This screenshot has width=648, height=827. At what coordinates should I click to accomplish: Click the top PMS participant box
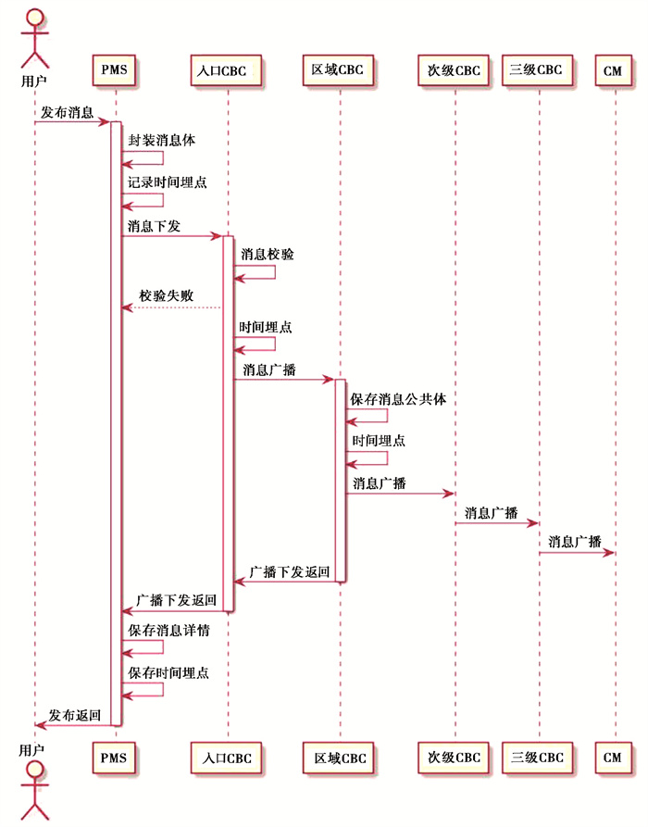[114, 69]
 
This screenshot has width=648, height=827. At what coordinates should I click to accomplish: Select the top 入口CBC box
[226, 70]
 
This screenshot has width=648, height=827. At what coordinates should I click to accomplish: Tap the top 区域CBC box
[338, 69]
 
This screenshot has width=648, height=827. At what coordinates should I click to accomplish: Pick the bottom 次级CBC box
[454, 758]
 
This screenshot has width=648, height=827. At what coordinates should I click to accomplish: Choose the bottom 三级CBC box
[537, 758]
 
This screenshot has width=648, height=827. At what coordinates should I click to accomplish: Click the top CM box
[613, 70]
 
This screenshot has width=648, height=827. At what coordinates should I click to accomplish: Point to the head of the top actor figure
[35, 17]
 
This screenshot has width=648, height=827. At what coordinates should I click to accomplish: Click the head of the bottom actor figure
[35, 771]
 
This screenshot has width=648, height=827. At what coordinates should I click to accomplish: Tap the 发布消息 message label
[67, 112]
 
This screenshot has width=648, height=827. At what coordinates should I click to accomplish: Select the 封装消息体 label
[161, 140]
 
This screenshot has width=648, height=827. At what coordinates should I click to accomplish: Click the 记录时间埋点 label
[168, 182]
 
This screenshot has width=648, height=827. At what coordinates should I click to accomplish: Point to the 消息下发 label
[154, 226]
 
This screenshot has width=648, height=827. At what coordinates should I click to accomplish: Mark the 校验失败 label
[166, 295]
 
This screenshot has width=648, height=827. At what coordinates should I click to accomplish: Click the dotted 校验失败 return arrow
[171, 307]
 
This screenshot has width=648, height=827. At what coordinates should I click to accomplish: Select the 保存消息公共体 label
[398, 399]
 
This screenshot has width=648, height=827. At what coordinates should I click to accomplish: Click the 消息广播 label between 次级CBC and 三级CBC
[491, 513]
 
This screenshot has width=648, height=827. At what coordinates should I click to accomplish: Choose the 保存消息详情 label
[168, 631]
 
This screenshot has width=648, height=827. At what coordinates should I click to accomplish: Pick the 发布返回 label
[74, 715]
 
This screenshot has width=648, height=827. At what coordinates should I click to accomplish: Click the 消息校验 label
[268, 255]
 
